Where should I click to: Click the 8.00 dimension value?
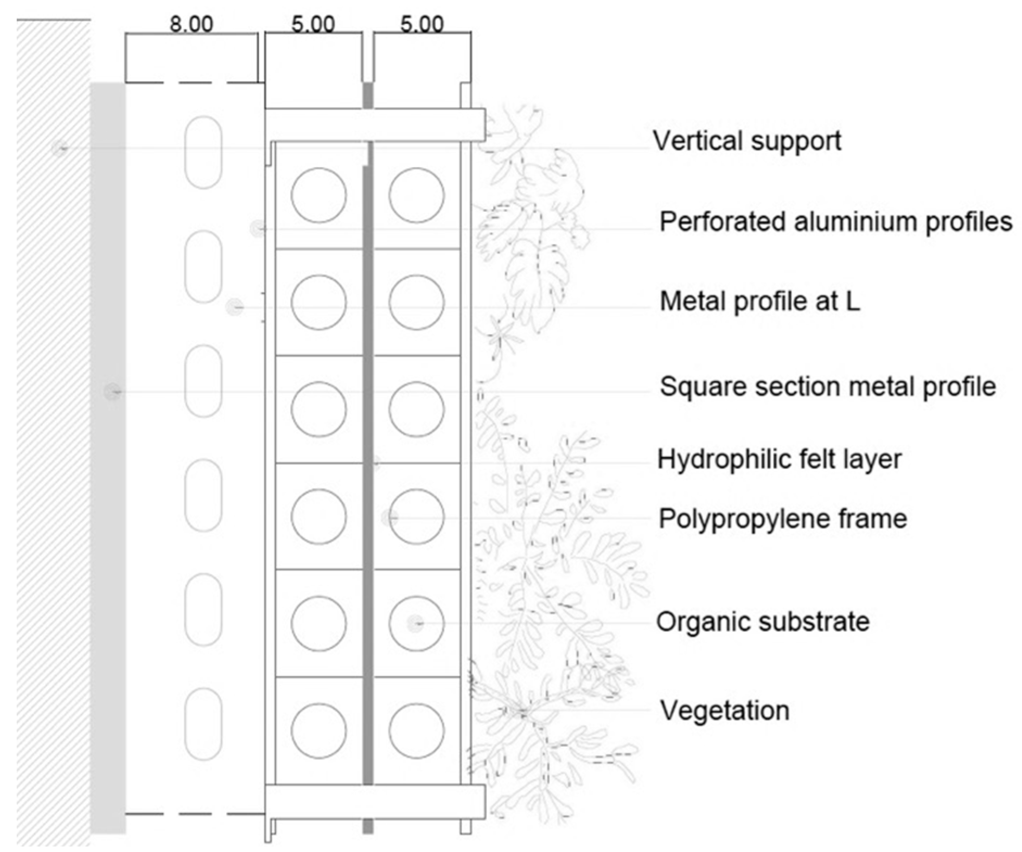click(191, 24)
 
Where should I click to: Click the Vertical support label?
click(747, 141)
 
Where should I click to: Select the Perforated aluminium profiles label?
click(835, 222)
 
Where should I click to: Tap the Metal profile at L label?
click(759, 302)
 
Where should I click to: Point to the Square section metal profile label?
click(828, 387)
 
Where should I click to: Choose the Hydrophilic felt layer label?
click(779, 459)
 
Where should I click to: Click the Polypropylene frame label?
click(782, 518)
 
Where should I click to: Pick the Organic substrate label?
click(763, 622)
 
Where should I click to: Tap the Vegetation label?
click(724, 710)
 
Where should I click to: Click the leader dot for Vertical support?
click(60, 148)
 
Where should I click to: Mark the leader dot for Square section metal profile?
click(112, 392)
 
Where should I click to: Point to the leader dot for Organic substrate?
click(416, 623)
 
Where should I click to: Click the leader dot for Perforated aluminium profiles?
click(258, 229)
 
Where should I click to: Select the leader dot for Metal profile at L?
click(234, 307)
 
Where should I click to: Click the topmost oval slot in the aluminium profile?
click(203, 152)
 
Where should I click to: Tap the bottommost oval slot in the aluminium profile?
click(203, 723)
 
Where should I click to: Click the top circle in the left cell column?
click(318, 195)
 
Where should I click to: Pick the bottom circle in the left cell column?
click(318, 731)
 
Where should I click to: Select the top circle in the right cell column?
click(416, 195)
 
